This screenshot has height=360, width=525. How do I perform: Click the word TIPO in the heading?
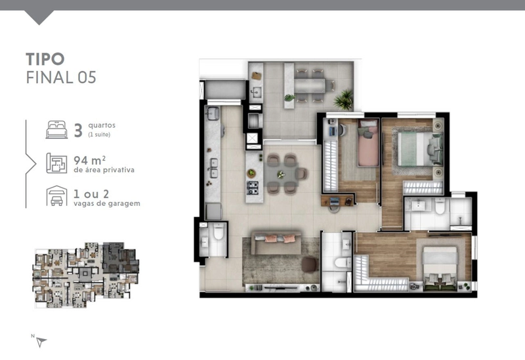[45, 59]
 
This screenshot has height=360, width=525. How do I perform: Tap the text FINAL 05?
[61, 77]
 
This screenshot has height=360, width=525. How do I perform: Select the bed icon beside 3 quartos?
[56, 130]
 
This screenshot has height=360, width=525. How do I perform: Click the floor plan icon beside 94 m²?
[56, 163]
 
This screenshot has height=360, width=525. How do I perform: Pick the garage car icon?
[56, 196]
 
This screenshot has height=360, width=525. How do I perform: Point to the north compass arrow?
[41, 342]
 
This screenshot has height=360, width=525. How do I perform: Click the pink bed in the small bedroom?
[367, 143]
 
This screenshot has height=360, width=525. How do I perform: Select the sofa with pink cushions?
[276, 243]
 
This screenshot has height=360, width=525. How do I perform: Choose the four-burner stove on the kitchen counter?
[253, 188]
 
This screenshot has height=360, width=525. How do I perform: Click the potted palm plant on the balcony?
[344, 99]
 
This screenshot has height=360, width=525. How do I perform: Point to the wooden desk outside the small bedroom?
[337, 200]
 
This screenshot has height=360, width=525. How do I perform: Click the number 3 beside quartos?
[78, 130]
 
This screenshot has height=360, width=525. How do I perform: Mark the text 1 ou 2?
[91, 193]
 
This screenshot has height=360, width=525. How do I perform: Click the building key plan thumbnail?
[86, 275]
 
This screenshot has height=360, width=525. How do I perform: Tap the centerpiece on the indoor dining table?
[281, 174]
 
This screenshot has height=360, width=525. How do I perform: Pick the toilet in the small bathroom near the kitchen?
[219, 231]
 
